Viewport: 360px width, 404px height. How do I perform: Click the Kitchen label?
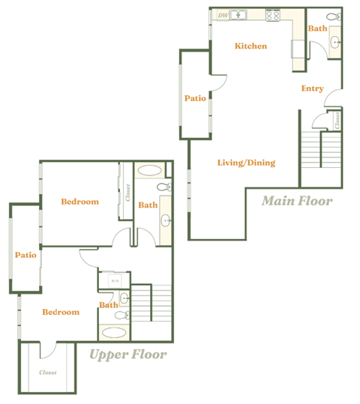tap(250, 46)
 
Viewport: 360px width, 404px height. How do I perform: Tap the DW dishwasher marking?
tap(223, 15)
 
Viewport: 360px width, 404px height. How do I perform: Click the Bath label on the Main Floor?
tap(317, 28)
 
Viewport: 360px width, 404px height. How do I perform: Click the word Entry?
tap(312, 88)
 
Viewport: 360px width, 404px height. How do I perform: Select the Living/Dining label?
tap(246, 163)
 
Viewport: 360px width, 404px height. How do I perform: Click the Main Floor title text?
tap(297, 201)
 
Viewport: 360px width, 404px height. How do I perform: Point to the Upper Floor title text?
tap(127, 354)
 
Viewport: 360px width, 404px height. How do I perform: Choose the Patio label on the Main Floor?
tap(195, 98)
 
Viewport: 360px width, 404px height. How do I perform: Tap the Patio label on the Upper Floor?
tap(25, 255)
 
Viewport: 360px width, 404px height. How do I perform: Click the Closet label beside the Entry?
tap(337, 119)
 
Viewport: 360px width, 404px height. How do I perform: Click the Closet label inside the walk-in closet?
tap(47, 372)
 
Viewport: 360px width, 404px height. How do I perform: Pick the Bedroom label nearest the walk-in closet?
tap(60, 312)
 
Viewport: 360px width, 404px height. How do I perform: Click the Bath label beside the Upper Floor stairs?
tap(108, 305)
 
